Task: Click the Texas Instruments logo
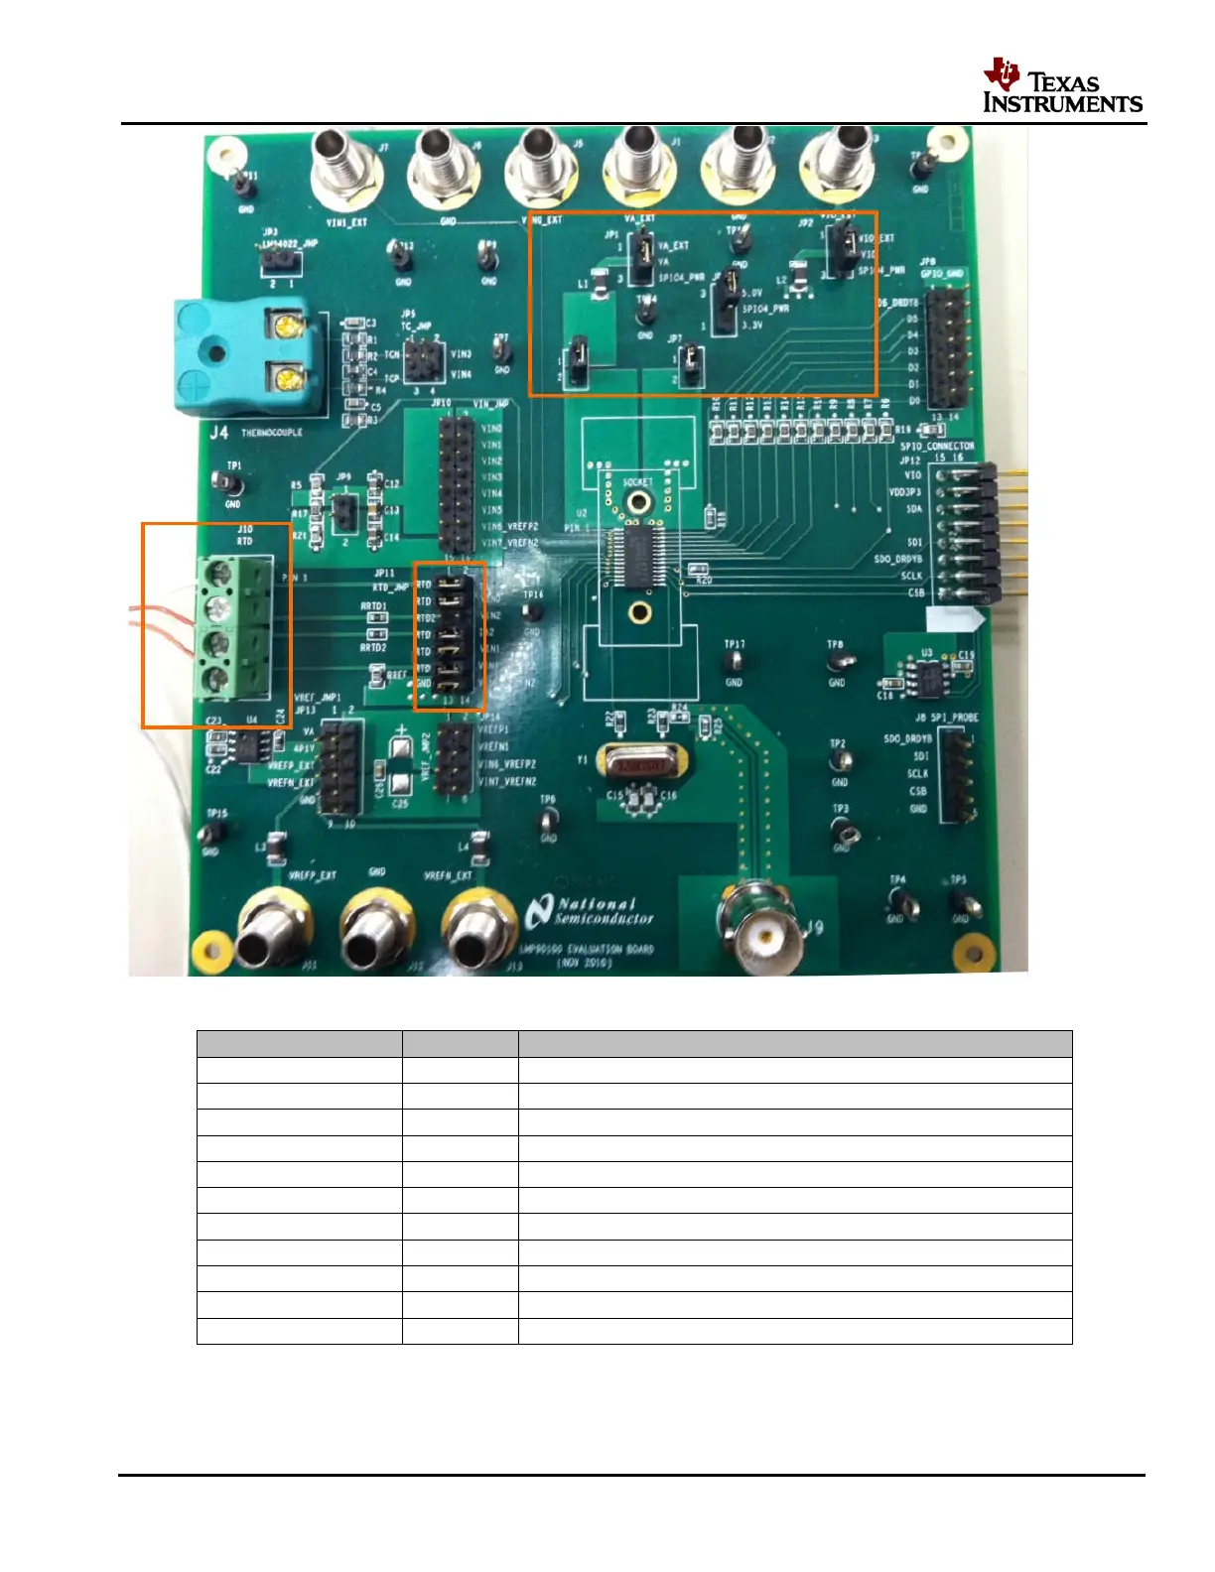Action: click(x=1061, y=86)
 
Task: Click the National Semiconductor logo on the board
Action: click(x=592, y=911)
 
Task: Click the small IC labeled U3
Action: click(x=931, y=678)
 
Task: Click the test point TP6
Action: click(x=548, y=820)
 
